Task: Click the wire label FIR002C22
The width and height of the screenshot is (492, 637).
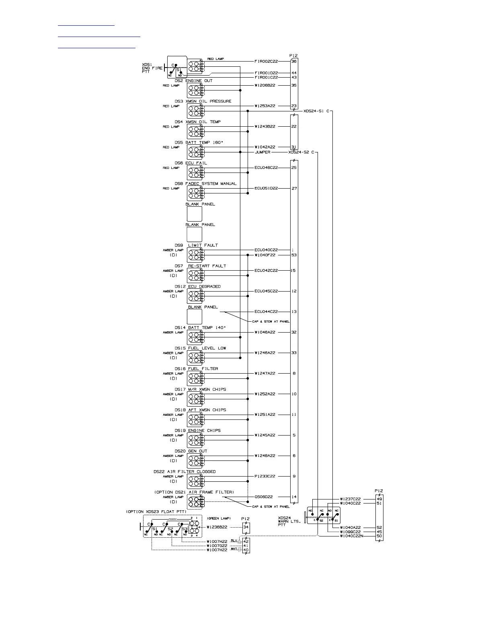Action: (x=266, y=62)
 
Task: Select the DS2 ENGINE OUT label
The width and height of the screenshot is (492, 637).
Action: (x=194, y=81)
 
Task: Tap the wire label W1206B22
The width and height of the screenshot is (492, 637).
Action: (x=265, y=85)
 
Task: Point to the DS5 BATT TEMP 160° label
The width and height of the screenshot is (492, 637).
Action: (x=199, y=142)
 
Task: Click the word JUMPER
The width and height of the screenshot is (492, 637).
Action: (x=262, y=152)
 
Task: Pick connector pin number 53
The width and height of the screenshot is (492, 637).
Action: (x=294, y=255)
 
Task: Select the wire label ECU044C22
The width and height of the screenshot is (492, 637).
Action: (x=266, y=312)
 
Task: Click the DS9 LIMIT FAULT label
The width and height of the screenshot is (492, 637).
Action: (x=196, y=245)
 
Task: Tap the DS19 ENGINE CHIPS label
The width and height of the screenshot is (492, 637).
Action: (x=197, y=431)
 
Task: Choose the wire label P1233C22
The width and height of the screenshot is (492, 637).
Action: (x=265, y=477)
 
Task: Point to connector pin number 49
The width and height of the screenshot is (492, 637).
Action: (x=379, y=499)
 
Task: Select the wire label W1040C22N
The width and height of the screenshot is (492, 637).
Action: (x=351, y=536)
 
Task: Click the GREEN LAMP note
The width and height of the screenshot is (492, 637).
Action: (x=219, y=518)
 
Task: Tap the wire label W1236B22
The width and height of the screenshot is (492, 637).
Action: (x=217, y=527)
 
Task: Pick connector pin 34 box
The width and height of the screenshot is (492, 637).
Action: (x=246, y=527)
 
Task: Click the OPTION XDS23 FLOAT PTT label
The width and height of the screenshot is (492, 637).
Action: (x=156, y=512)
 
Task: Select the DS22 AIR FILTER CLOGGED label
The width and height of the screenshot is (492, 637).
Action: (x=184, y=472)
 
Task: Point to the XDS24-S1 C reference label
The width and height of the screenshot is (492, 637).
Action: (x=316, y=111)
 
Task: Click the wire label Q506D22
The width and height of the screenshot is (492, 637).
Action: (x=264, y=497)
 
